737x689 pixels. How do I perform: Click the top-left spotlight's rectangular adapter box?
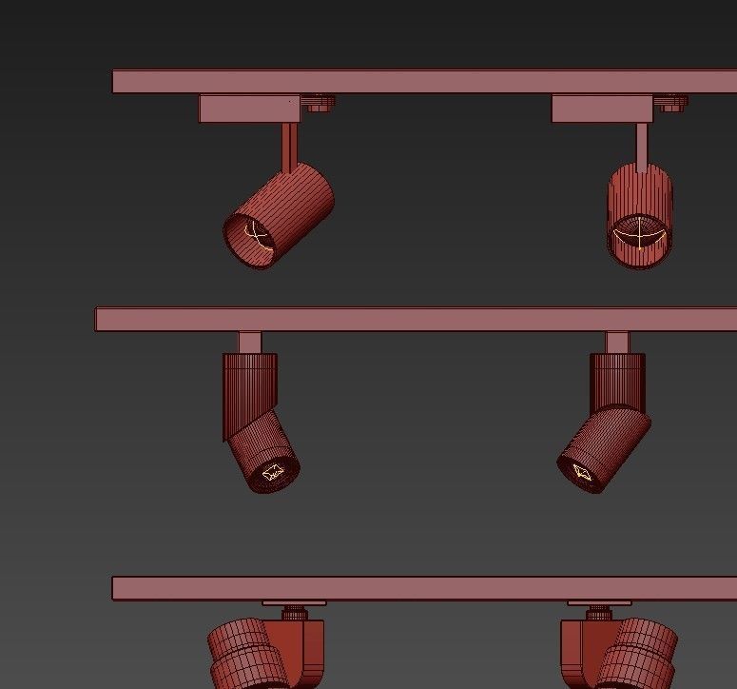[249, 108]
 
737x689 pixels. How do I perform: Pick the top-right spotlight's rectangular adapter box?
[602, 108]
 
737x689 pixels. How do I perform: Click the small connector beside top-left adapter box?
[318, 103]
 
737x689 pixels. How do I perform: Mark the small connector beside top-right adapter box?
[671, 103]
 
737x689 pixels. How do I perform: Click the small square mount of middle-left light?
[250, 343]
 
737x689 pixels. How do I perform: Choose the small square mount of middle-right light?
[617, 343]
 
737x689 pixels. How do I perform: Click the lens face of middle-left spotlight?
[273, 472]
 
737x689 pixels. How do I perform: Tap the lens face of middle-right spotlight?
[582, 470]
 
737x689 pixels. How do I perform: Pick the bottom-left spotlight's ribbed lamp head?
[242, 655]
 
